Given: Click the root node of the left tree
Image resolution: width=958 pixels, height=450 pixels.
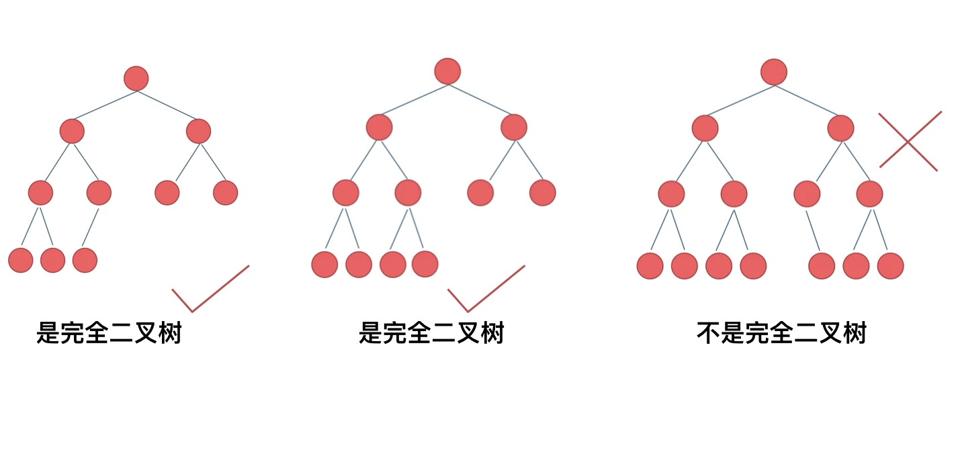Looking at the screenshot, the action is pos(136,79).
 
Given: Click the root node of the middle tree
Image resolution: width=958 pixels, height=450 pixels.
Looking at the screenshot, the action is pos(447,71).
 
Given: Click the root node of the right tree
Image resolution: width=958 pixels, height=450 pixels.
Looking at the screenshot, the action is pos(774,72).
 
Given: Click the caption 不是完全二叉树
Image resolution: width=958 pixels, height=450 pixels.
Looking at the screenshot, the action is pos(781,332).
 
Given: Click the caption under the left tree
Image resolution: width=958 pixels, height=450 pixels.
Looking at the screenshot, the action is pos(109,332).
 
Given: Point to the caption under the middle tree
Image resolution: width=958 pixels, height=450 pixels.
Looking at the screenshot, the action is pos(431,332).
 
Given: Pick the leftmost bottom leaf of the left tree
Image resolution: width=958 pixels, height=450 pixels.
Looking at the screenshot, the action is pos(21,260).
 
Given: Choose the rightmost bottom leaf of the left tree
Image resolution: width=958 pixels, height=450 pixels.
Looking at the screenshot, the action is pos(85,260).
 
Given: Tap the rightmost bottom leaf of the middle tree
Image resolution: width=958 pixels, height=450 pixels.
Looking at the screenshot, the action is pos(425,264).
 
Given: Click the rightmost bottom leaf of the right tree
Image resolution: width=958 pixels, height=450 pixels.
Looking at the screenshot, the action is pos(890,266).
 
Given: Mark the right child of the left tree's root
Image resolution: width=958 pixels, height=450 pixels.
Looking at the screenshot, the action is pos(198,131).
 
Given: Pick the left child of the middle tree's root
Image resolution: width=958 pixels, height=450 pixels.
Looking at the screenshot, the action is pos(379,127).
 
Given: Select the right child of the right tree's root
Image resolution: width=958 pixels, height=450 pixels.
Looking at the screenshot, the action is pos(841,128).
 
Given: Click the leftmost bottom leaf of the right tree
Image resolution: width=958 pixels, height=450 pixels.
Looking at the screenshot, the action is pos(650,266).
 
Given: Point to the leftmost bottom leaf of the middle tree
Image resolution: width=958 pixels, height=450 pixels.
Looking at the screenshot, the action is pos(324,264).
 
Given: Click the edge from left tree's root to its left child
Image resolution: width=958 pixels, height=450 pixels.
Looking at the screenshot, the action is pos(105,105).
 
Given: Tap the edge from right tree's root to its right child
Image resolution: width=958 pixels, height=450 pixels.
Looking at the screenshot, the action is pos(807,100).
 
